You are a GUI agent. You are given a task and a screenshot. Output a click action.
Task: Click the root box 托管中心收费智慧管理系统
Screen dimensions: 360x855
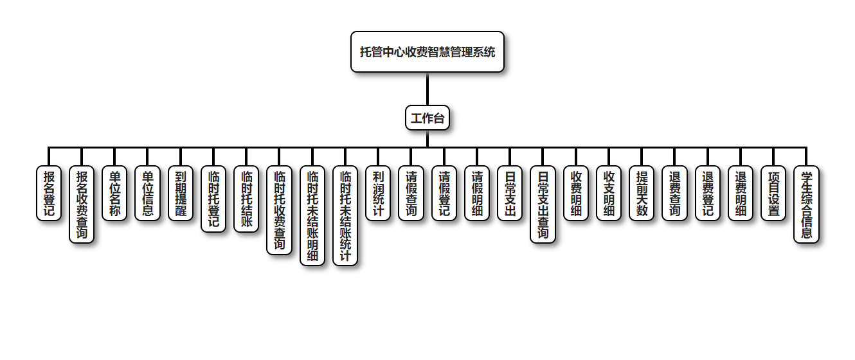pyautogui.click(x=427, y=52)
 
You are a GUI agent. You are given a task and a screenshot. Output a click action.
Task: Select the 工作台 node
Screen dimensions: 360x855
pyautogui.click(x=427, y=118)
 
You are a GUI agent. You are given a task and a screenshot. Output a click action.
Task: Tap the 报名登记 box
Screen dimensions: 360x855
pyautogui.click(x=49, y=193)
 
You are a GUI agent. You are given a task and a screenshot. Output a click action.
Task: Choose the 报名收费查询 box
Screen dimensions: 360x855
pyautogui.click(x=82, y=204)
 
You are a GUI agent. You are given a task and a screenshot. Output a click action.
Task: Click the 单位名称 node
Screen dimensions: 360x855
pyautogui.click(x=114, y=193)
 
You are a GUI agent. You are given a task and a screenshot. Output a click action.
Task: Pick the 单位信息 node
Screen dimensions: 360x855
pyautogui.click(x=147, y=193)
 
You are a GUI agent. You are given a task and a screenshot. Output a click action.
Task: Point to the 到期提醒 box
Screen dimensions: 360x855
pyautogui.click(x=181, y=193)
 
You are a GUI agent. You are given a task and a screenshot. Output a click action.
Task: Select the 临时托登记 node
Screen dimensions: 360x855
pyautogui.click(x=213, y=199)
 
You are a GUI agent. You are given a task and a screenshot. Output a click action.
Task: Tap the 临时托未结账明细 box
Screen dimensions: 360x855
pyautogui.click(x=312, y=215)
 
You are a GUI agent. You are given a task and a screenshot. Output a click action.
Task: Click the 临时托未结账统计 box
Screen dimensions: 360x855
pyautogui.click(x=345, y=215)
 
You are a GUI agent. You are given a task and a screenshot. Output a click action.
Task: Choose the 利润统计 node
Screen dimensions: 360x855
pyautogui.click(x=378, y=193)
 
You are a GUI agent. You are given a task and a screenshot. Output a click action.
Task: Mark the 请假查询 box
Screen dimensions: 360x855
pyautogui.click(x=411, y=193)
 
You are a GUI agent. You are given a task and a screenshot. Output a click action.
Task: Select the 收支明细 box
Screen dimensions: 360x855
pyautogui.click(x=609, y=193)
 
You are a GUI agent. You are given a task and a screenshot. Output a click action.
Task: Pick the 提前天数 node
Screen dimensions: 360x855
pyautogui.click(x=642, y=193)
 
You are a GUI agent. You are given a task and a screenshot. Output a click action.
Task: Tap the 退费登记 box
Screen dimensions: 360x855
pyautogui.click(x=708, y=193)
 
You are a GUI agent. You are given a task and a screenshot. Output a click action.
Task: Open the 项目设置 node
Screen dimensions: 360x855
pyautogui.click(x=773, y=193)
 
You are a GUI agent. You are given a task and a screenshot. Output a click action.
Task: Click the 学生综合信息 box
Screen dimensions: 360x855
pyautogui.click(x=806, y=204)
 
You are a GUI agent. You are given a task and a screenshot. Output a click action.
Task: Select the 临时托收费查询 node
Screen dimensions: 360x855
pyautogui.click(x=279, y=210)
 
